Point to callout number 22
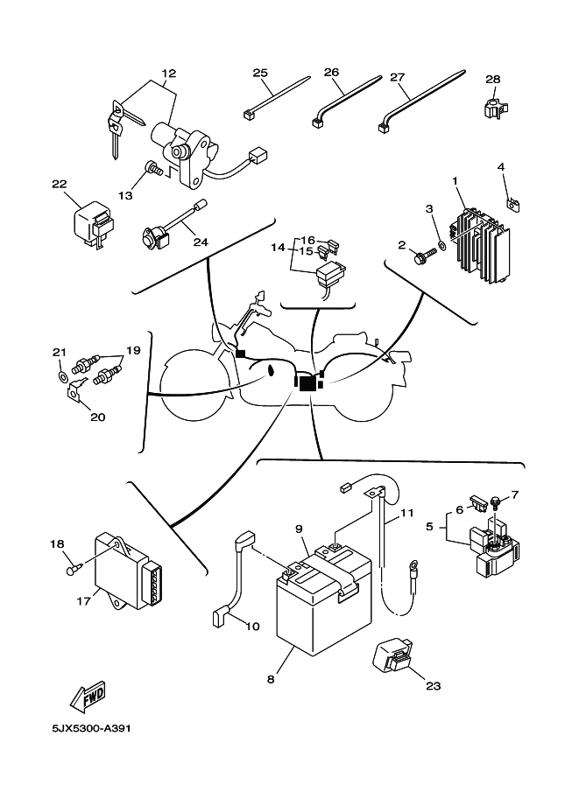[60, 185]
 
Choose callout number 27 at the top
[398, 77]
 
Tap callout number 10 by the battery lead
[252, 626]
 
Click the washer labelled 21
[61, 378]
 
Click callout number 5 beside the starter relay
[430, 528]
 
